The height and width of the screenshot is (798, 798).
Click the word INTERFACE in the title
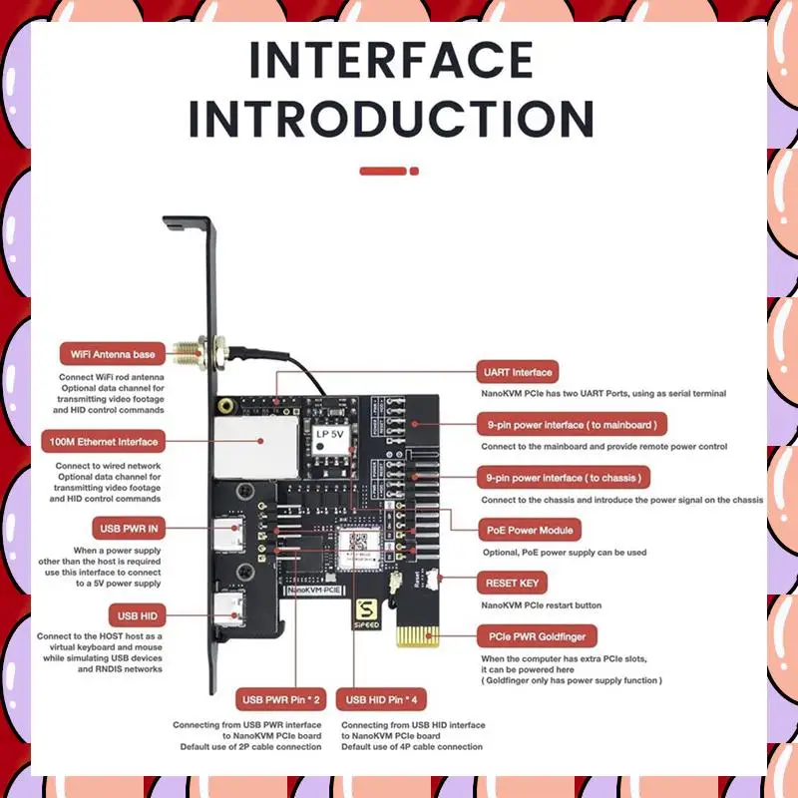pos(391,61)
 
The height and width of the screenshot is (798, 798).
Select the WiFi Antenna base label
pos(109,354)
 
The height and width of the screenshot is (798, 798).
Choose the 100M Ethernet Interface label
pos(104,441)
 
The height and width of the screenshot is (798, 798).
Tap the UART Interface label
pos(518,372)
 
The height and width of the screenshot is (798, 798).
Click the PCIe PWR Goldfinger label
pos(536,635)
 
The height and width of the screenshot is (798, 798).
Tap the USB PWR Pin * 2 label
pos(280,699)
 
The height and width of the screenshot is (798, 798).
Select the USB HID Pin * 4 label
pos(384,699)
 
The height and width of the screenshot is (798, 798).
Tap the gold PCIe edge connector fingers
pos(419,636)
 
